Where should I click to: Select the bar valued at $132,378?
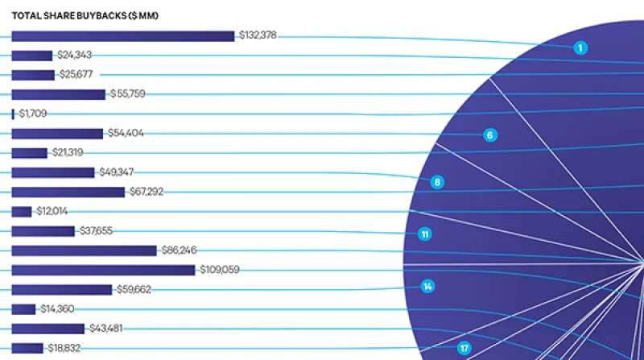click(122, 35)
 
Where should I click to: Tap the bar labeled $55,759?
click(58, 94)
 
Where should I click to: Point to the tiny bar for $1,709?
click(13, 114)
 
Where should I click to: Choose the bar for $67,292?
click(68, 192)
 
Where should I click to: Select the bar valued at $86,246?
click(84, 250)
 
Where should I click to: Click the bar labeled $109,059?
click(103, 270)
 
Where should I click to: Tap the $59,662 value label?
click(134, 289)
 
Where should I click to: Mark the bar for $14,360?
click(23, 309)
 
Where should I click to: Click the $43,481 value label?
click(107, 329)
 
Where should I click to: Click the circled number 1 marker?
click(580, 48)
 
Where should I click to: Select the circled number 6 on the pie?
click(489, 134)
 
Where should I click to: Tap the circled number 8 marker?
click(437, 182)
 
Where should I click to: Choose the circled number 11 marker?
click(425, 234)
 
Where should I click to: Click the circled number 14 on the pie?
click(428, 286)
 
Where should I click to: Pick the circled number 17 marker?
click(464, 348)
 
